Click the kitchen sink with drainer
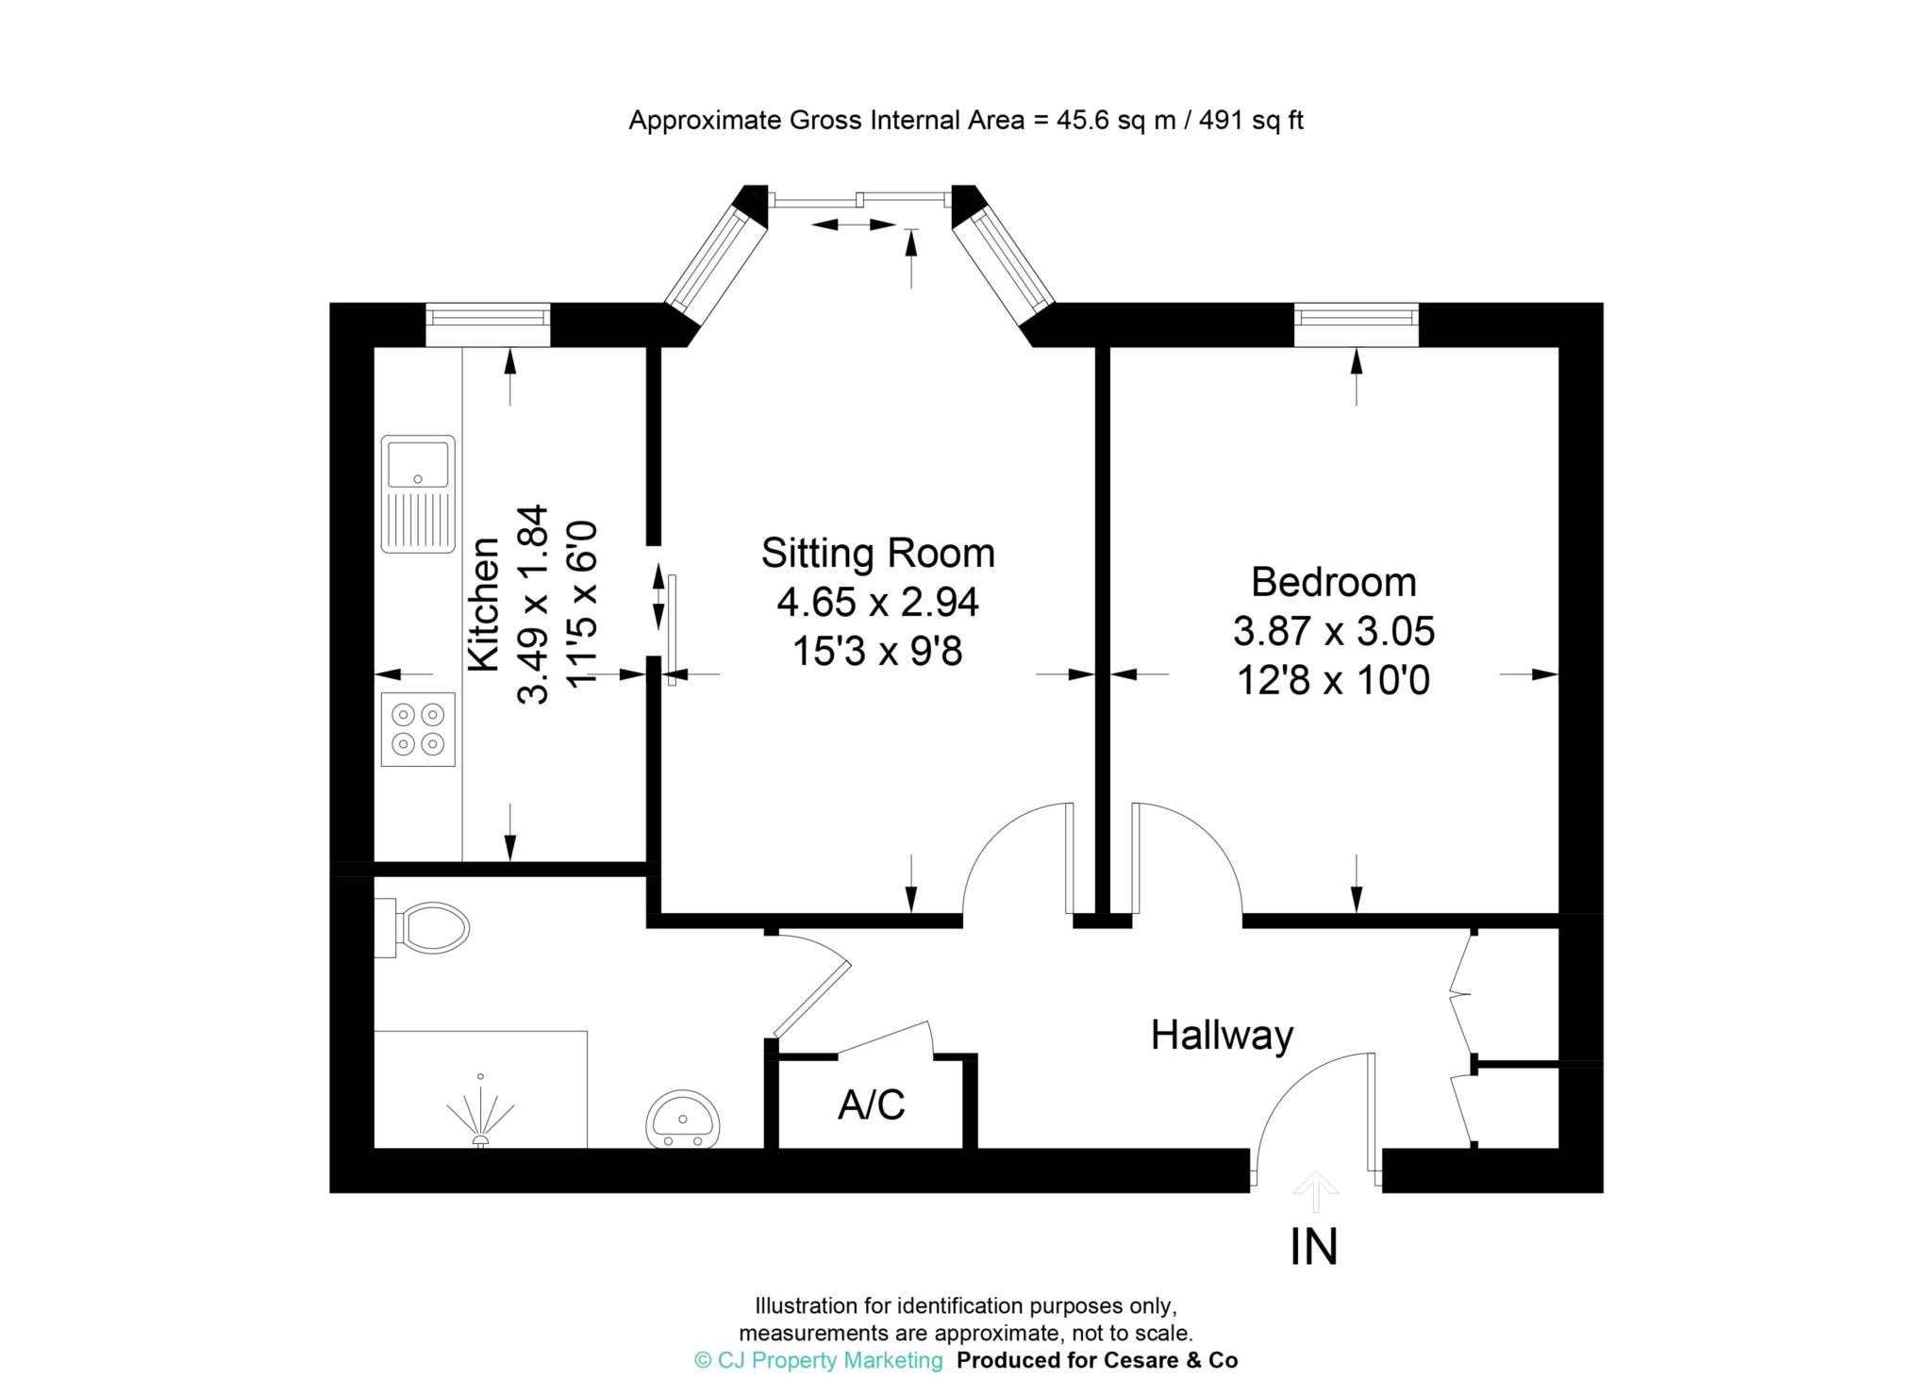pyautogui.click(x=418, y=493)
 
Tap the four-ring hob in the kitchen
pyautogui.click(x=418, y=728)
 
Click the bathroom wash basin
pyautogui.click(x=684, y=1120)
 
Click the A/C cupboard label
pyautogui.click(x=871, y=1104)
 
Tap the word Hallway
pyautogui.click(x=1222, y=1036)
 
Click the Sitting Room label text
pyautogui.click(x=877, y=553)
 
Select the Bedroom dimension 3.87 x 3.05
pyautogui.click(x=1333, y=631)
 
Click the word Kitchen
pyautogui.click(x=484, y=604)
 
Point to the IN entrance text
pyautogui.click(x=1313, y=1247)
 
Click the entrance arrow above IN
pyautogui.click(x=1315, y=1191)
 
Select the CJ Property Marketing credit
pyautogui.click(x=818, y=1360)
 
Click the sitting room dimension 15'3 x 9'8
pyautogui.click(x=877, y=651)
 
